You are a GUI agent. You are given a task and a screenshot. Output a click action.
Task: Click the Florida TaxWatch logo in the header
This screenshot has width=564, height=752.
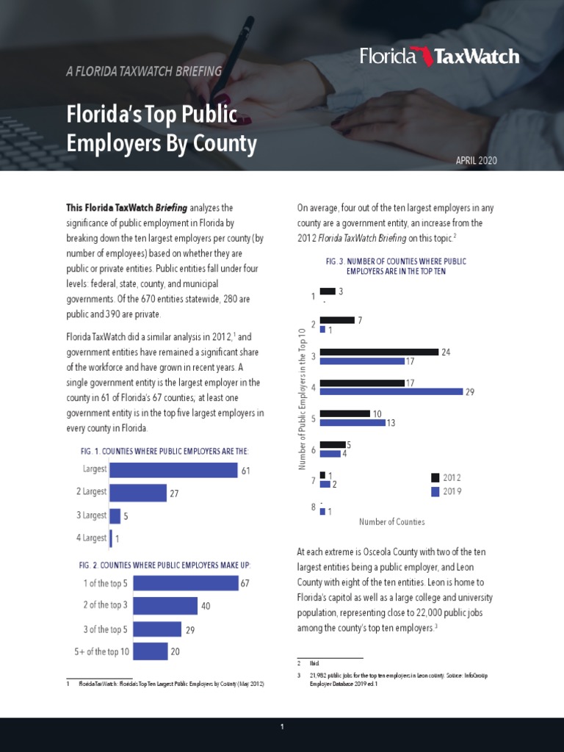(x=439, y=57)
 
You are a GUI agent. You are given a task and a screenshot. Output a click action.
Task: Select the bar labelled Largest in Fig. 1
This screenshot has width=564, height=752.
(x=173, y=470)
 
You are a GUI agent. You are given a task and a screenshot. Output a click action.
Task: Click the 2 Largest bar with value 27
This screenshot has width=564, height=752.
(x=137, y=493)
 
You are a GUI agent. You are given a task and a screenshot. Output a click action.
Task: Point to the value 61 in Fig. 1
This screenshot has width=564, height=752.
(x=247, y=470)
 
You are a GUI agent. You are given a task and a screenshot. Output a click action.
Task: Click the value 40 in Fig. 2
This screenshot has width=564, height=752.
(x=206, y=606)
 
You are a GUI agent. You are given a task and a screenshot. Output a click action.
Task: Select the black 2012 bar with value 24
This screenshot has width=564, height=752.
(x=379, y=352)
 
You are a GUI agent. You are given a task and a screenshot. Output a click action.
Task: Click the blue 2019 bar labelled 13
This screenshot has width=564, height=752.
(x=352, y=423)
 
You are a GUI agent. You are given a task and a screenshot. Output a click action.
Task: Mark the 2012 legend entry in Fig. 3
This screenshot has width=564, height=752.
(x=446, y=477)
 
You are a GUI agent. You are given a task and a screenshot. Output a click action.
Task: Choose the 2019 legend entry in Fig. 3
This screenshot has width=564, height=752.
(x=446, y=491)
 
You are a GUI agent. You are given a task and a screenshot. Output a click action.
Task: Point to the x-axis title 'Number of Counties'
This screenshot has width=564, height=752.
(x=391, y=522)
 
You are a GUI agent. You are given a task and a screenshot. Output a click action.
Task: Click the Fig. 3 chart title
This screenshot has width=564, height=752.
(x=396, y=266)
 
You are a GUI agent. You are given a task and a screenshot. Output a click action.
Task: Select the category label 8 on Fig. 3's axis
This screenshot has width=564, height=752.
(x=314, y=507)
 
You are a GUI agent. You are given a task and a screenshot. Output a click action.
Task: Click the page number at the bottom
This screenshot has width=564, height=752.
(x=281, y=727)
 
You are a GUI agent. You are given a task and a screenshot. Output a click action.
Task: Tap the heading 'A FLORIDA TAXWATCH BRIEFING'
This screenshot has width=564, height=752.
(x=143, y=72)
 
